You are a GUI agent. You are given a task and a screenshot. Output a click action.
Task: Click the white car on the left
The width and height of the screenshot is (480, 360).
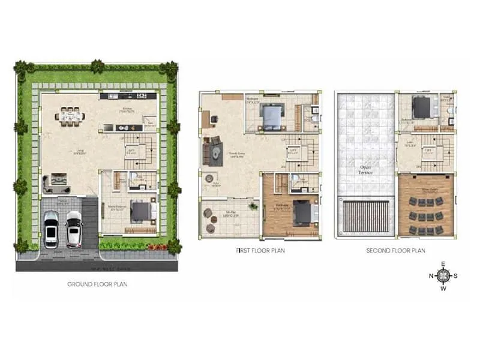(51, 229)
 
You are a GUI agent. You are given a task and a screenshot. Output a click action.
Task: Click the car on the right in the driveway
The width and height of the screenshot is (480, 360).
(73, 229)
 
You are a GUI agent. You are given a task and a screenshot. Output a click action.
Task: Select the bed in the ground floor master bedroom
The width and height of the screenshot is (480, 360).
(142, 211)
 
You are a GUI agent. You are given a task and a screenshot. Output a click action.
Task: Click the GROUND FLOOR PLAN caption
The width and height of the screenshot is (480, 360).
(97, 284)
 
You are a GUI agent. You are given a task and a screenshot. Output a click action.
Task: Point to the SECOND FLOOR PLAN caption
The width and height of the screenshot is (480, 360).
(395, 250)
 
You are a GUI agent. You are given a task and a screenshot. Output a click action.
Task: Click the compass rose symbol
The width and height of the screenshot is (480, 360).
(443, 275)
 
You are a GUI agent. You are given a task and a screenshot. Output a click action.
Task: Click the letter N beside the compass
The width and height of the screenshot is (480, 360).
(431, 276)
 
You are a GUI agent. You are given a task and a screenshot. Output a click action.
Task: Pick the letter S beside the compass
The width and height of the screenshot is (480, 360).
(456, 276)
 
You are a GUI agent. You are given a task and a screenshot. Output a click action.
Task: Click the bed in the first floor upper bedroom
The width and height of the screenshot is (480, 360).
(272, 114)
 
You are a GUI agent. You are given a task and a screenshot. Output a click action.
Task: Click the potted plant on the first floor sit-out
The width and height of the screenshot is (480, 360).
(253, 207)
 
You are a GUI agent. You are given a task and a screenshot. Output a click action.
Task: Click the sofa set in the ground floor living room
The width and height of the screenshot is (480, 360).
(58, 180)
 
